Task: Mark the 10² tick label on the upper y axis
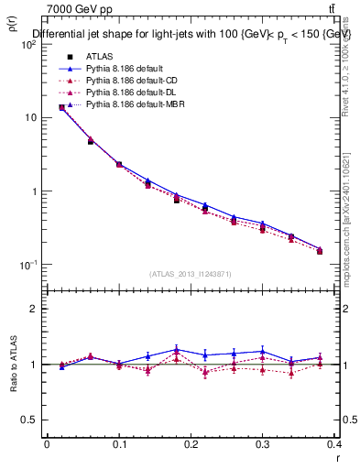27,45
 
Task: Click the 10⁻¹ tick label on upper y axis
27,265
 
